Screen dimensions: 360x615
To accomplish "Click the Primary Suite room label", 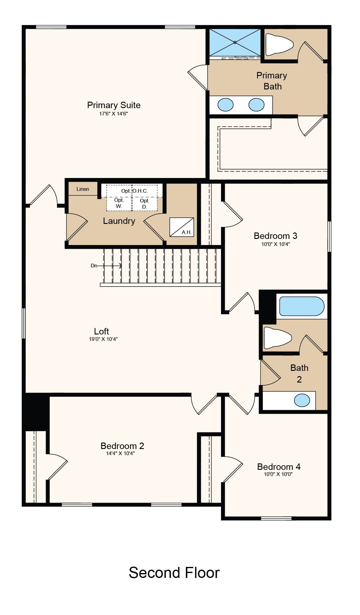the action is pos(114,105).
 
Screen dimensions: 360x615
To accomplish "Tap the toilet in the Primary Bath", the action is pos(279,45).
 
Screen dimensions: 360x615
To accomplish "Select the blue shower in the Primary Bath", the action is pos(235,42).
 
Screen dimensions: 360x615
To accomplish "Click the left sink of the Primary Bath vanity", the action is pos(226,105).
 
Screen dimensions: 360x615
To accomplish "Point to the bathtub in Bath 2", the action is pos(302,306).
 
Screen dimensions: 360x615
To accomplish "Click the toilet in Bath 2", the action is pos(278,338).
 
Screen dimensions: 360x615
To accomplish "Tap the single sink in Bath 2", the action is pos(302,400).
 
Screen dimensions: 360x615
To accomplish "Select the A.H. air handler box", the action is pos(182,227).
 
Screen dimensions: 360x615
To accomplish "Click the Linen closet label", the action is pos(83,189).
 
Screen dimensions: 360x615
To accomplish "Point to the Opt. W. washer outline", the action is pos(119,204).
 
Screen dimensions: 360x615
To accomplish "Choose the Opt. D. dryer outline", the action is pos(144,204).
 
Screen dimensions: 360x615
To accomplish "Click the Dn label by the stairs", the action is pos(94,266).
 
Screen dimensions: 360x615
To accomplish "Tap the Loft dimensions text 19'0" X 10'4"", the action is pos(103,339).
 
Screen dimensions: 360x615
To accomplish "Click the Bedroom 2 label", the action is pos(122,446).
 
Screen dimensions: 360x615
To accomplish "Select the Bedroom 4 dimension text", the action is pos(278,474).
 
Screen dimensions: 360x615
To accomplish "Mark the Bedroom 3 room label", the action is pos(276,236).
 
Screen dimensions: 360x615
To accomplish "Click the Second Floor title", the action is pos(174,572).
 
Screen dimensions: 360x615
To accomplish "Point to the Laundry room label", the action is pos(119,221).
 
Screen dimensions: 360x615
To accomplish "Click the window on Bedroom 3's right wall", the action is pos(329,236).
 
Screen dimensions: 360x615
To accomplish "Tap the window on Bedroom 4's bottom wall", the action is pos(276,518).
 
